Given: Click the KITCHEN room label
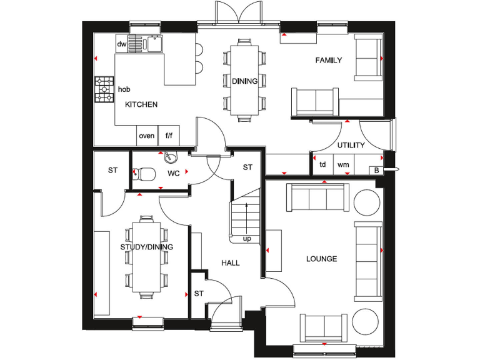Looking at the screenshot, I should pos(141,104).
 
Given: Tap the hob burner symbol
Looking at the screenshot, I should pos(104,89).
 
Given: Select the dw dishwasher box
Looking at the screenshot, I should pos(122,44).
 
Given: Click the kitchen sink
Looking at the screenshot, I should pos(151,44).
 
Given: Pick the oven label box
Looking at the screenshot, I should pos(147,136).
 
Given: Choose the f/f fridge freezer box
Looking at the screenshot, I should pos(169,136).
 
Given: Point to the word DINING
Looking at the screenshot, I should pos(244,81).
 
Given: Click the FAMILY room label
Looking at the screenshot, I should pos(328,61).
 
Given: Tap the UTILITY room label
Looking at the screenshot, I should pos(351,145).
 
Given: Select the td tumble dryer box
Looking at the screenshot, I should pos(322,165).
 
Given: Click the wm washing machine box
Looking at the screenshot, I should pos(343,165).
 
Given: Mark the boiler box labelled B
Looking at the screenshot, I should pos(376,169).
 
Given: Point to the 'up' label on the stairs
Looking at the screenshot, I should pos(247,239).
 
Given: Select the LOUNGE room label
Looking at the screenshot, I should pos(322,259).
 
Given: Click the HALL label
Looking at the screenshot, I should pos(231,263).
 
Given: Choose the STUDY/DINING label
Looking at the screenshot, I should pos(146,247).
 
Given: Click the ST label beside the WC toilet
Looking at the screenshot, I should pos(112,170).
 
